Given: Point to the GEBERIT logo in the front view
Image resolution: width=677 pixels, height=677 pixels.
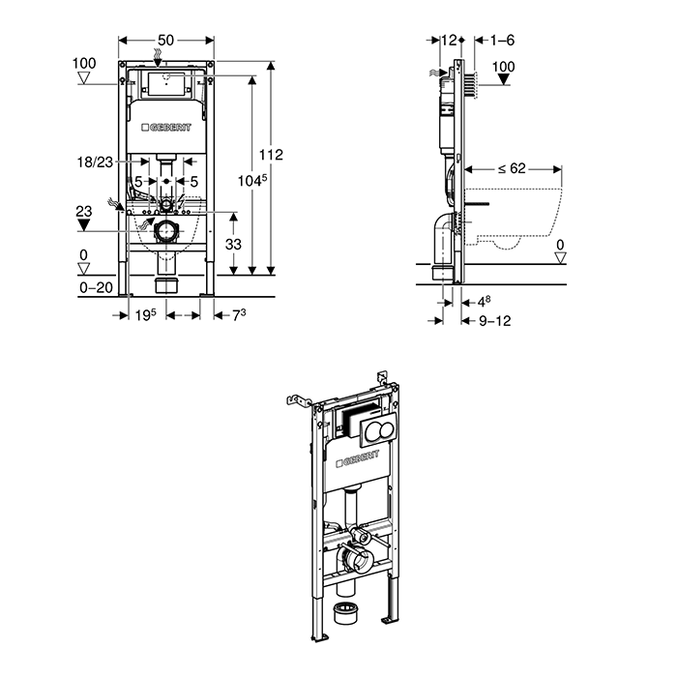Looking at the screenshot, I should point(166,128).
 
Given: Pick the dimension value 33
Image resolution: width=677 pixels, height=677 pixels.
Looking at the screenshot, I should point(233,245).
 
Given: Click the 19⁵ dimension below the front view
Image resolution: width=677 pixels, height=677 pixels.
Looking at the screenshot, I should point(144,315).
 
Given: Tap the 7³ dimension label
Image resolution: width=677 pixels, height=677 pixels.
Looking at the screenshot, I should point(235,315).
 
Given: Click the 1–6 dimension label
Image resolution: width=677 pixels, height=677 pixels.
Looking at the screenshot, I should point(502,40).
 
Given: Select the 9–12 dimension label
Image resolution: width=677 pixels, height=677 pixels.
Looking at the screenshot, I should point(493,320).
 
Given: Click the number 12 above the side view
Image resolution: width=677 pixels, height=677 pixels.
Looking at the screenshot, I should point(448,40).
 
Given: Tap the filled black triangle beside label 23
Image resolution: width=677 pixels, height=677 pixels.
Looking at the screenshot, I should point(84,225).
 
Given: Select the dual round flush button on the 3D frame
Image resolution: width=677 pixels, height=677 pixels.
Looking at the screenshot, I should point(375,432).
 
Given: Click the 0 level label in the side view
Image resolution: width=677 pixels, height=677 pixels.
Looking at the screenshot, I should point(561,244).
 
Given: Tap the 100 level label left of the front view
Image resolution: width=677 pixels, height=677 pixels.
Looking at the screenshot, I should point(84,63).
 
